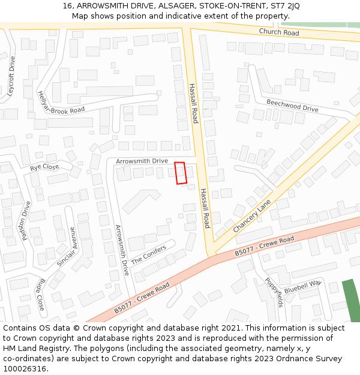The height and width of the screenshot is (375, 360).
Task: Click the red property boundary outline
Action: pos(181,173)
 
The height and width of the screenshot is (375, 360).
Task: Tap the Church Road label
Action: pos(279,32)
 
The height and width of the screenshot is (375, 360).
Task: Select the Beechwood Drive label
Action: pos(292,106)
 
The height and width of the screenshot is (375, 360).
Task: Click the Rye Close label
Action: pos(44,167)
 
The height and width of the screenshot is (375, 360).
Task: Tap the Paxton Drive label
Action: pos(26,220)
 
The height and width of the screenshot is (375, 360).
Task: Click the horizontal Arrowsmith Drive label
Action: pos(142,161)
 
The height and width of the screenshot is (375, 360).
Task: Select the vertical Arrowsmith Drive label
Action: pos(122,250)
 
